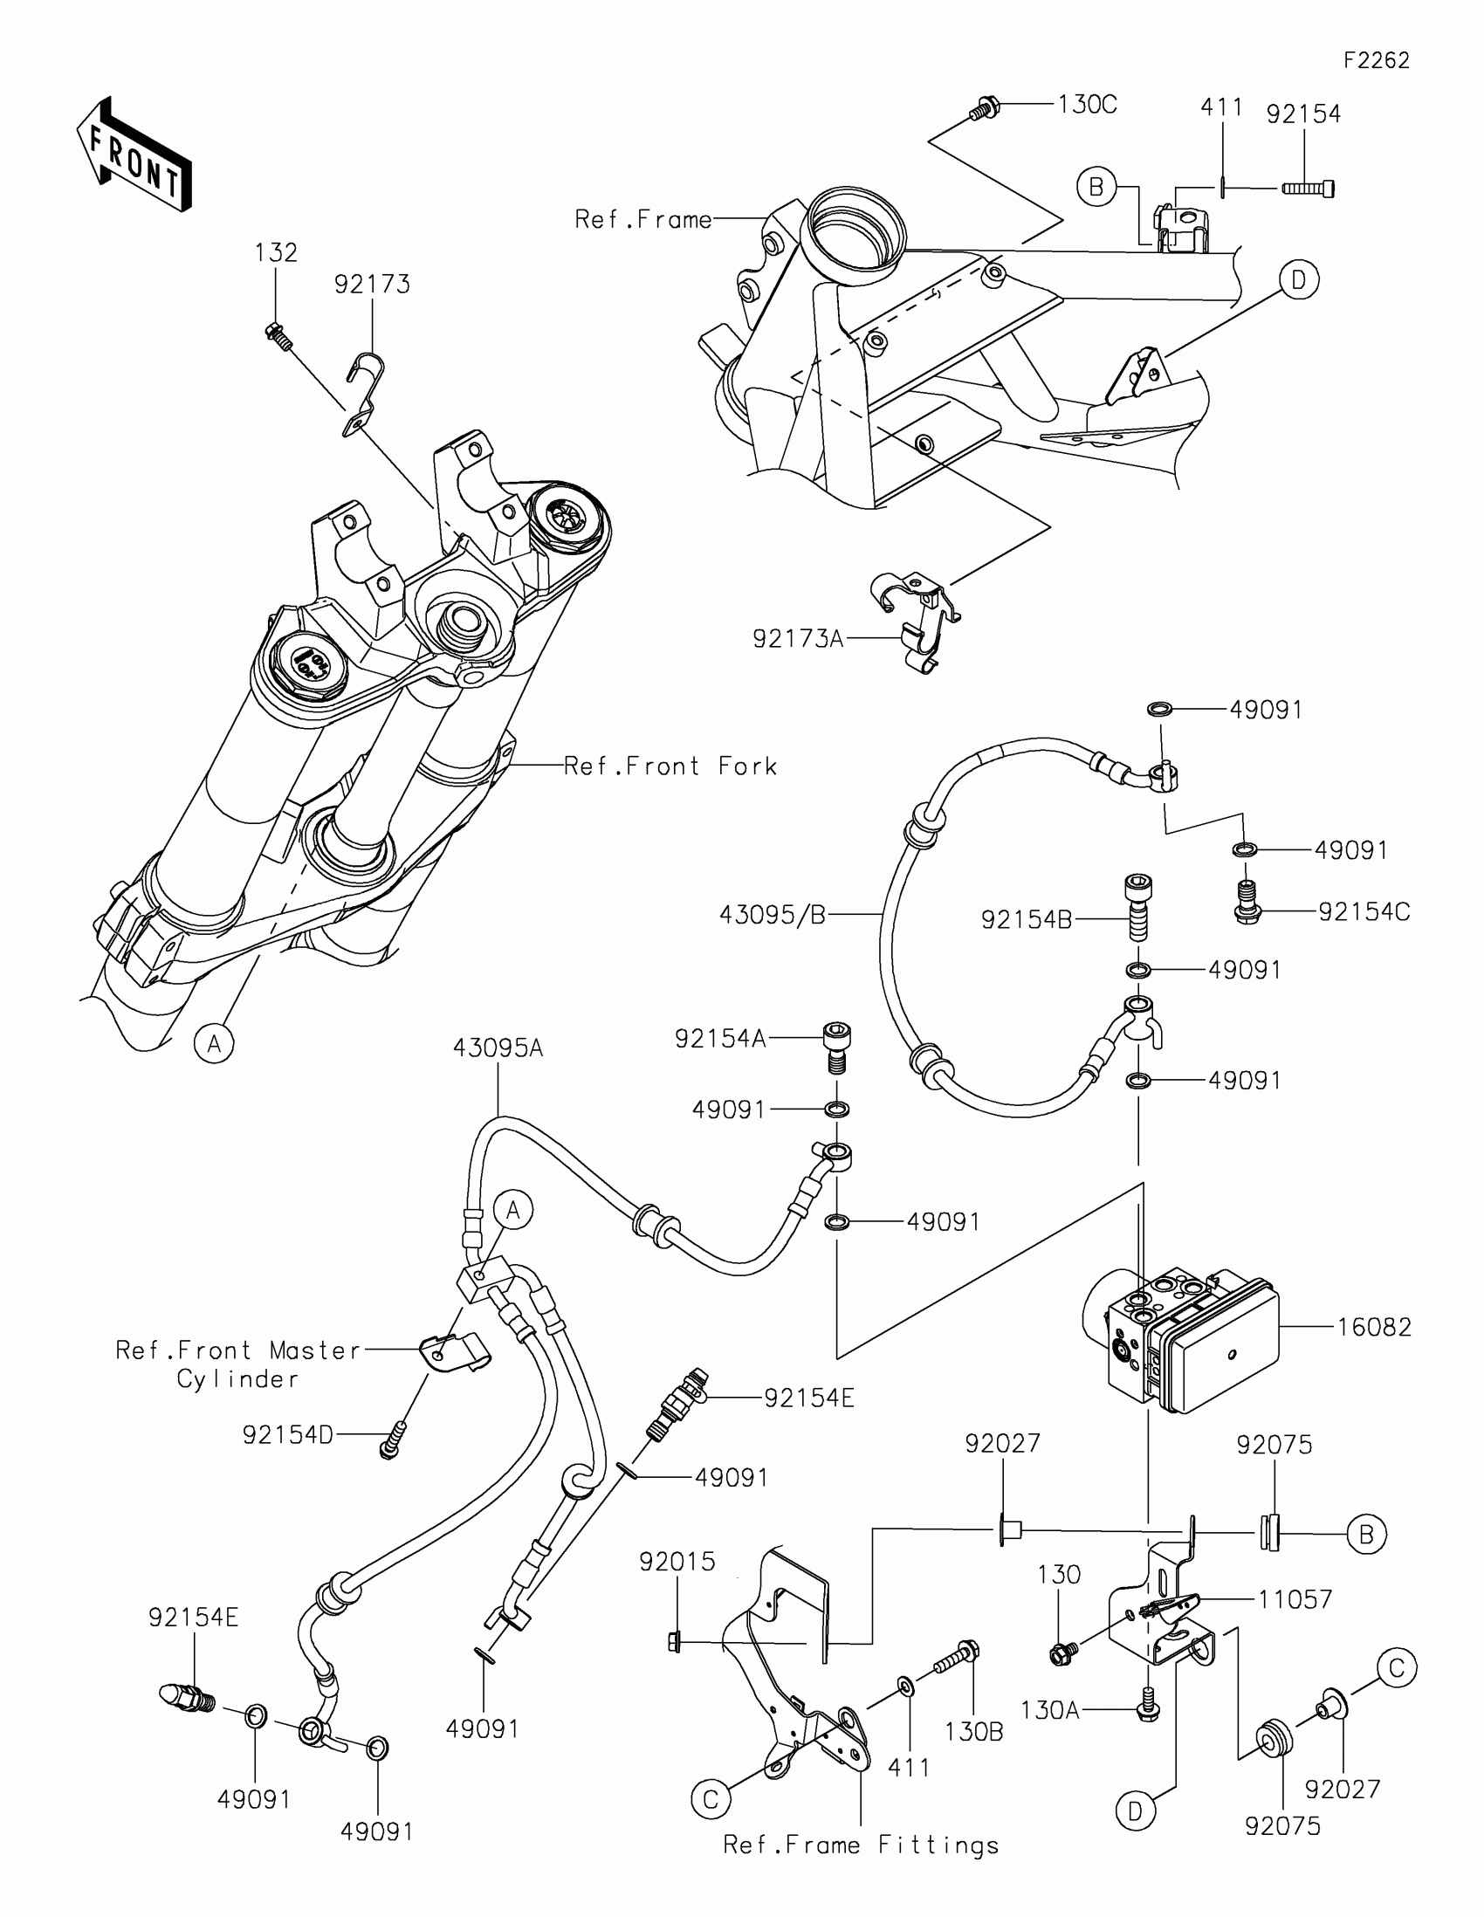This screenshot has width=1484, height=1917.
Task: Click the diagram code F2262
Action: (1376, 59)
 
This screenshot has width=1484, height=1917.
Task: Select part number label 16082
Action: (1374, 1327)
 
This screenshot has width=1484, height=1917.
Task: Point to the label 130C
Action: (1087, 105)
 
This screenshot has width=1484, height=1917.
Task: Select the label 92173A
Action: (798, 639)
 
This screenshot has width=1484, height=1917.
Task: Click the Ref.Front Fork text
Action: (670, 766)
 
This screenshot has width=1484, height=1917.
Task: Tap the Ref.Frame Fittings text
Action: (860, 1845)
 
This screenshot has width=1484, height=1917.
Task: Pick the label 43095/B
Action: (773, 916)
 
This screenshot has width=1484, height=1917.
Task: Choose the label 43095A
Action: (498, 1048)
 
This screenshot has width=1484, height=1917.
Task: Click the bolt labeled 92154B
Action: (1138, 907)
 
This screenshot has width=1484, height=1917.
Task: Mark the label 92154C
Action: (1364, 912)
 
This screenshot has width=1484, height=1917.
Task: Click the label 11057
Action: (1295, 1599)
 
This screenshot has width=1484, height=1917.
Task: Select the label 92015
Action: (677, 1562)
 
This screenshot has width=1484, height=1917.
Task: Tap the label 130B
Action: (974, 1732)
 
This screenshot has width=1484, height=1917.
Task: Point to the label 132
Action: (277, 253)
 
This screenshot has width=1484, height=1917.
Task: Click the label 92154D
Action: (288, 1435)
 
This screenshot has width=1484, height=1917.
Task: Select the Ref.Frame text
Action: (643, 218)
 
